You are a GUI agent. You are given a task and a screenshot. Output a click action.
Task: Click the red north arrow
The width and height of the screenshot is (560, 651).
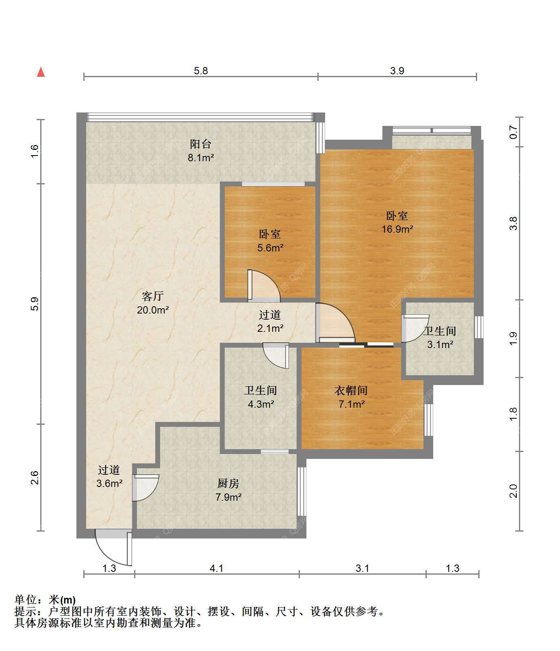coord(41,72)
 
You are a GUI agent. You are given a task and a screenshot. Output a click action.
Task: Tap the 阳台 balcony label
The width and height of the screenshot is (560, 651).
coord(201,144)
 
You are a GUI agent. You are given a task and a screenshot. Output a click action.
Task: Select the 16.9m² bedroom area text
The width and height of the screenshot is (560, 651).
coord(397,229)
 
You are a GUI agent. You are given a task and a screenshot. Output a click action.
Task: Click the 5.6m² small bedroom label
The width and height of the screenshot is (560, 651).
coord(270,248)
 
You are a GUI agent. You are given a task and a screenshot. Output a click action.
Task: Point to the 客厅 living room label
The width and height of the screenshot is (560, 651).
coord(153,296)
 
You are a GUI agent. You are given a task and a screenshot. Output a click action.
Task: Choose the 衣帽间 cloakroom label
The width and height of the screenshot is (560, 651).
coord(351,391)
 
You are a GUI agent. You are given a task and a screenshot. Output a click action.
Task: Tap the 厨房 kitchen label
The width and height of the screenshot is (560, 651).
coord(228,484)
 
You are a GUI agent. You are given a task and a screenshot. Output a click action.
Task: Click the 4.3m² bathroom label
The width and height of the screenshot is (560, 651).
coord(260,404)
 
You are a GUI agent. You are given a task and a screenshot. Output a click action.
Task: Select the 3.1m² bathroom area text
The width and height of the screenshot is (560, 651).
coord(440,345)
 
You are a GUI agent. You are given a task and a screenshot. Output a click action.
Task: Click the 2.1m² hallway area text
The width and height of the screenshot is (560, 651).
coord(270,328)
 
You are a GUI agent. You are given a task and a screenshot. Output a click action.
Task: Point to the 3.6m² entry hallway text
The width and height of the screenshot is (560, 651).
coord(109,484)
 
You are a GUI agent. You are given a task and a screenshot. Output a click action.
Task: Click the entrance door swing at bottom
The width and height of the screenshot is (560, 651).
coord(113,547)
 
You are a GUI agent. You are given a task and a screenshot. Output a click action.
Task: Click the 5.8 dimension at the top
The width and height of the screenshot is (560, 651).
coord(201,71)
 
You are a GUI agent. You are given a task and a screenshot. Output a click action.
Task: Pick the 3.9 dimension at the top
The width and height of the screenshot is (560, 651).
coord(397,71)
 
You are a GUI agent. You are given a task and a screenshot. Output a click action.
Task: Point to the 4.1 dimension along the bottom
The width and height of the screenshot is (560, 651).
coord(216,568)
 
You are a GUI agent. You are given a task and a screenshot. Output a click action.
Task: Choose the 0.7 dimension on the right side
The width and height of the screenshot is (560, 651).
coord(514,132)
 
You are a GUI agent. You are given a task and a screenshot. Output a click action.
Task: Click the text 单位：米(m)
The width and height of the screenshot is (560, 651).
coord(45,600)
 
